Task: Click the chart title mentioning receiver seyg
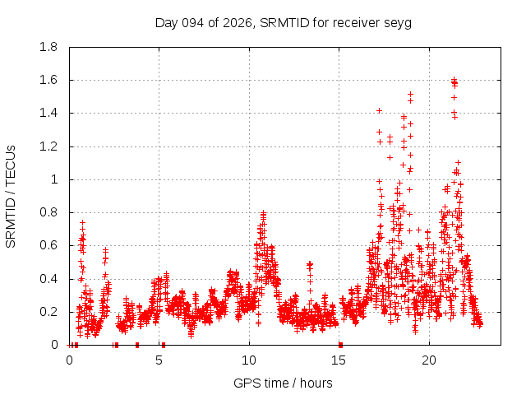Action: click(284, 22)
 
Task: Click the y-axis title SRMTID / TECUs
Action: click(11, 197)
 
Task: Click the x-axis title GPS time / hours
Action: click(283, 383)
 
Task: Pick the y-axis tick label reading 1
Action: click(54, 179)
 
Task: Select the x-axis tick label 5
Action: click(159, 360)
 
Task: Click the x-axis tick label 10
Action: click(249, 360)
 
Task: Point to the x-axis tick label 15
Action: click(339, 360)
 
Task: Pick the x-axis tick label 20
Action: click(429, 360)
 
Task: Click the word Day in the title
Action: click(166, 22)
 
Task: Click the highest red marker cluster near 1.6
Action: click(454, 81)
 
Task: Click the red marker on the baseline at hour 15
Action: click(340, 345)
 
